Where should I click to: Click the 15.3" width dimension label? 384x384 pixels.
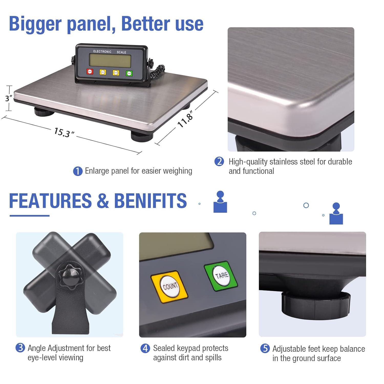coord(64,133)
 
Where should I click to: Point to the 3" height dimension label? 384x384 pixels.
coord(8,98)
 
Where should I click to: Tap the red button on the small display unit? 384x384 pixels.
coord(90,72)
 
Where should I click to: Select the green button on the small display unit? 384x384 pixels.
coord(129,73)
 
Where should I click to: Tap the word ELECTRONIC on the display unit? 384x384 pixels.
coord(102,51)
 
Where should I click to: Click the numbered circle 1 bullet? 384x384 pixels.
coord(78,171)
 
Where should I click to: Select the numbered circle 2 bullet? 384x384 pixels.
coord(219,162)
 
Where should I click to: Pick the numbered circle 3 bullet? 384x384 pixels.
coord(20,348)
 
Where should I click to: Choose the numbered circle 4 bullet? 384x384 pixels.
coord(145,348)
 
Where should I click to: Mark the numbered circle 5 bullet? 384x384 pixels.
coord(265,348)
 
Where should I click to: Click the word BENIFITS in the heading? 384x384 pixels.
coord(150,201)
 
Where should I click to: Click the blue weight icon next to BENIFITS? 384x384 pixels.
coord(220,202)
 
